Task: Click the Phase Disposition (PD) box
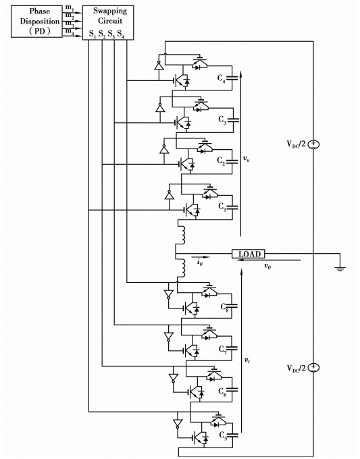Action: [x=36, y=22]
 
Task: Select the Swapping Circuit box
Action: [x=108, y=22]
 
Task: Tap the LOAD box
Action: [x=248, y=254]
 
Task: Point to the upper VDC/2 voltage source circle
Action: [x=313, y=144]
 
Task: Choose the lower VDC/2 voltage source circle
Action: [x=313, y=367]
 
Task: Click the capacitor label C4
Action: [x=222, y=79]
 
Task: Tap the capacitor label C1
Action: [x=222, y=207]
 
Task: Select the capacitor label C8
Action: [x=225, y=307]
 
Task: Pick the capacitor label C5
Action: [x=223, y=435]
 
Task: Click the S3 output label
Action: [x=111, y=34]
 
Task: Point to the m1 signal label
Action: [x=70, y=7]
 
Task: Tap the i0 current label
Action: [x=199, y=263]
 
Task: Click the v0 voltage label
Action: [x=267, y=266]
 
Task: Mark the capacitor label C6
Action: [x=222, y=392]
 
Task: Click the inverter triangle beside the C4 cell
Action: [x=159, y=66]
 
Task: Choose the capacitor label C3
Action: [x=222, y=120]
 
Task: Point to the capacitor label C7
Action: [x=223, y=350]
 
